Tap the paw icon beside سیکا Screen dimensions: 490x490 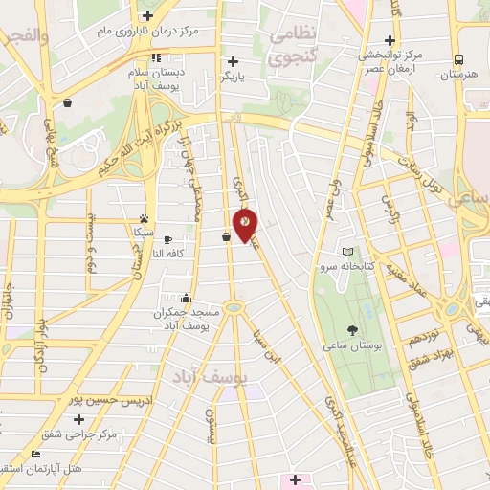[x=144, y=219]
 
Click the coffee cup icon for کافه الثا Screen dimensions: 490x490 [x=168, y=239]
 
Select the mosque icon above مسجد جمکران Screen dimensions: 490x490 [x=185, y=298]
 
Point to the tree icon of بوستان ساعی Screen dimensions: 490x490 [x=354, y=328]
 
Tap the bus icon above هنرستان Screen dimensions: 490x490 [x=459, y=57]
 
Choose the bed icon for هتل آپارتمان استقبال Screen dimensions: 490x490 [x=35, y=454]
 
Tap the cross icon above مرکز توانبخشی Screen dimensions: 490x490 [x=389, y=40]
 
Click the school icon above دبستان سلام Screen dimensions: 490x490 [x=155, y=56]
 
